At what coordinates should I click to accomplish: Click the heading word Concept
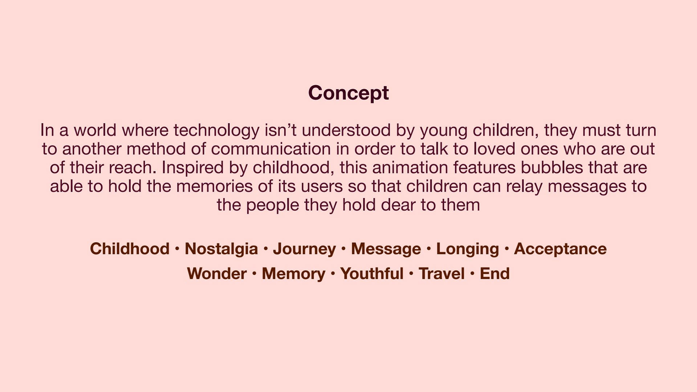pyautogui.click(x=348, y=93)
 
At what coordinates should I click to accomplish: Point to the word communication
pyautogui.click(x=271, y=149)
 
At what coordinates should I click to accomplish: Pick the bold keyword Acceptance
pyautogui.click(x=560, y=249)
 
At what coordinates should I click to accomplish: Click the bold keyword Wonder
pyautogui.click(x=217, y=274)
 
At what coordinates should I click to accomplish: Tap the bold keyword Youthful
pyautogui.click(x=372, y=274)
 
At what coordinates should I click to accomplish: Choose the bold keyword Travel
pyautogui.click(x=441, y=274)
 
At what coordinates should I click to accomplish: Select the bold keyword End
pyautogui.click(x=495, y=274)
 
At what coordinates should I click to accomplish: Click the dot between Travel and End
pyautogui.click(x=472, y=274)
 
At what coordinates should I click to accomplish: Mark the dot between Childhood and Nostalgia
pyautogui.click(x=177, y=249)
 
